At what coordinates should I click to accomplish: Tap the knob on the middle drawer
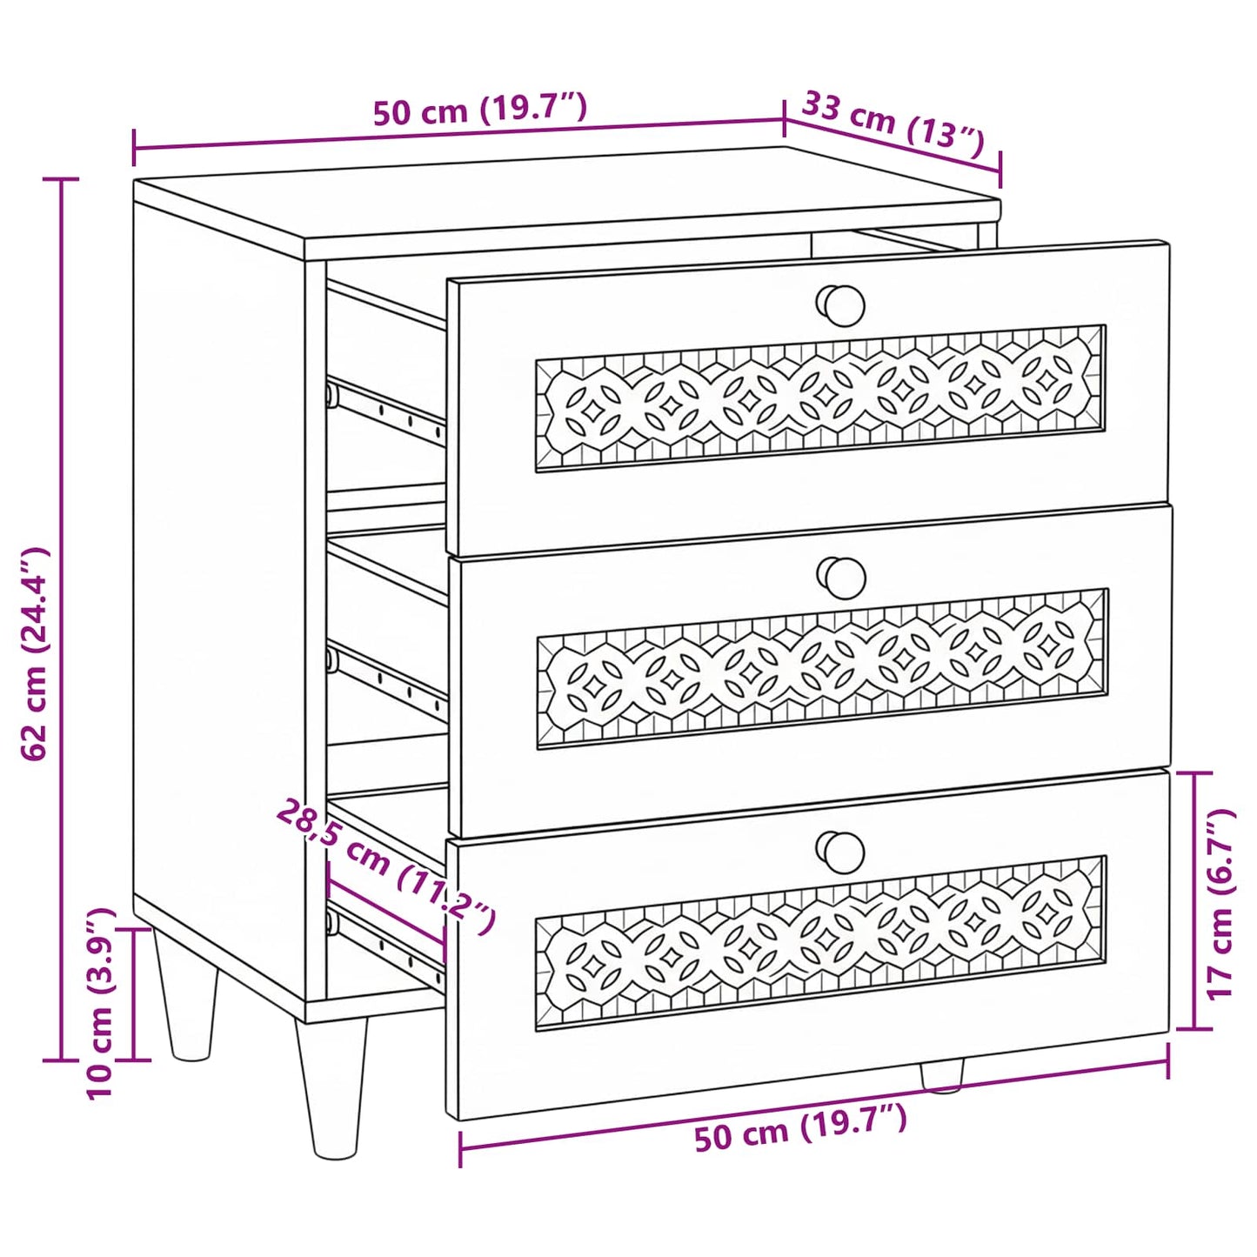841,578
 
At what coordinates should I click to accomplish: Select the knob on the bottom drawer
840,852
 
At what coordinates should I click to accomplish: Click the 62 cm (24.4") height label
35,654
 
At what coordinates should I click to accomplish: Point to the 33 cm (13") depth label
891,124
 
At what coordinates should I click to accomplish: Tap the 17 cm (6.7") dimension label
1219,904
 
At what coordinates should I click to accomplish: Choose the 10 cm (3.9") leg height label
101,1005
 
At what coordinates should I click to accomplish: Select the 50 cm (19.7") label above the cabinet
480,109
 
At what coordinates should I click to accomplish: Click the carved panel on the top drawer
820,397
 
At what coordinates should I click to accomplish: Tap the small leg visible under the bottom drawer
942,1084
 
